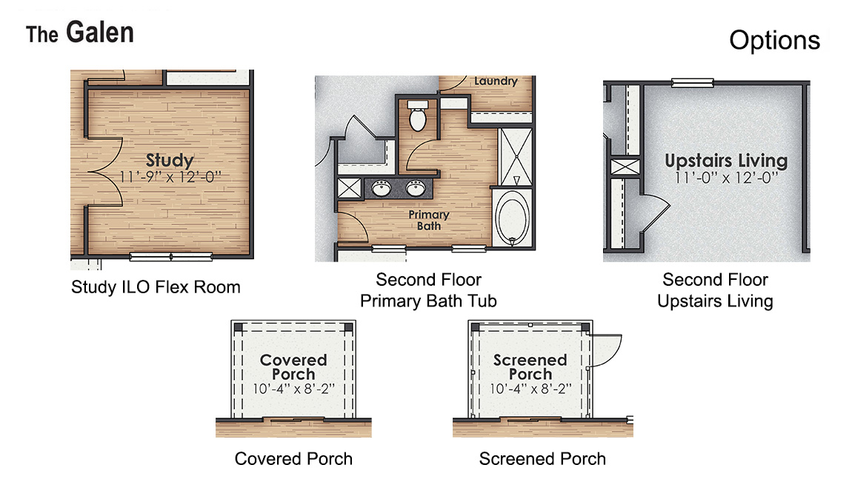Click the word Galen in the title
point(99,33)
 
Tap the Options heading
point(774,40)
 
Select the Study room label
point(170,160)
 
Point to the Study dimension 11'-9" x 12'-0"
point(170,176)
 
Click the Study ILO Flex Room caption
point(156,287)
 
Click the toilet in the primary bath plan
point(418,118)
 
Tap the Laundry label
point(495,81)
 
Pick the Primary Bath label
point(429,220)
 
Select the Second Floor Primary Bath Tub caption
point(428,290)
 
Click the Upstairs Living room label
point(725,161)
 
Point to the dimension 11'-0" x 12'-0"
point(725,178)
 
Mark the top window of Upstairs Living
point(692,82)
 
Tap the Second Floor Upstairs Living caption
point(715,290)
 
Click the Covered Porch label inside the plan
point(293,366)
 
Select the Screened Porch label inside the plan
point(530,366)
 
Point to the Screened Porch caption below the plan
point(542,459)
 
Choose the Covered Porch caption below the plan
point(293,459)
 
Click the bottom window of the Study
point(171,257)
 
